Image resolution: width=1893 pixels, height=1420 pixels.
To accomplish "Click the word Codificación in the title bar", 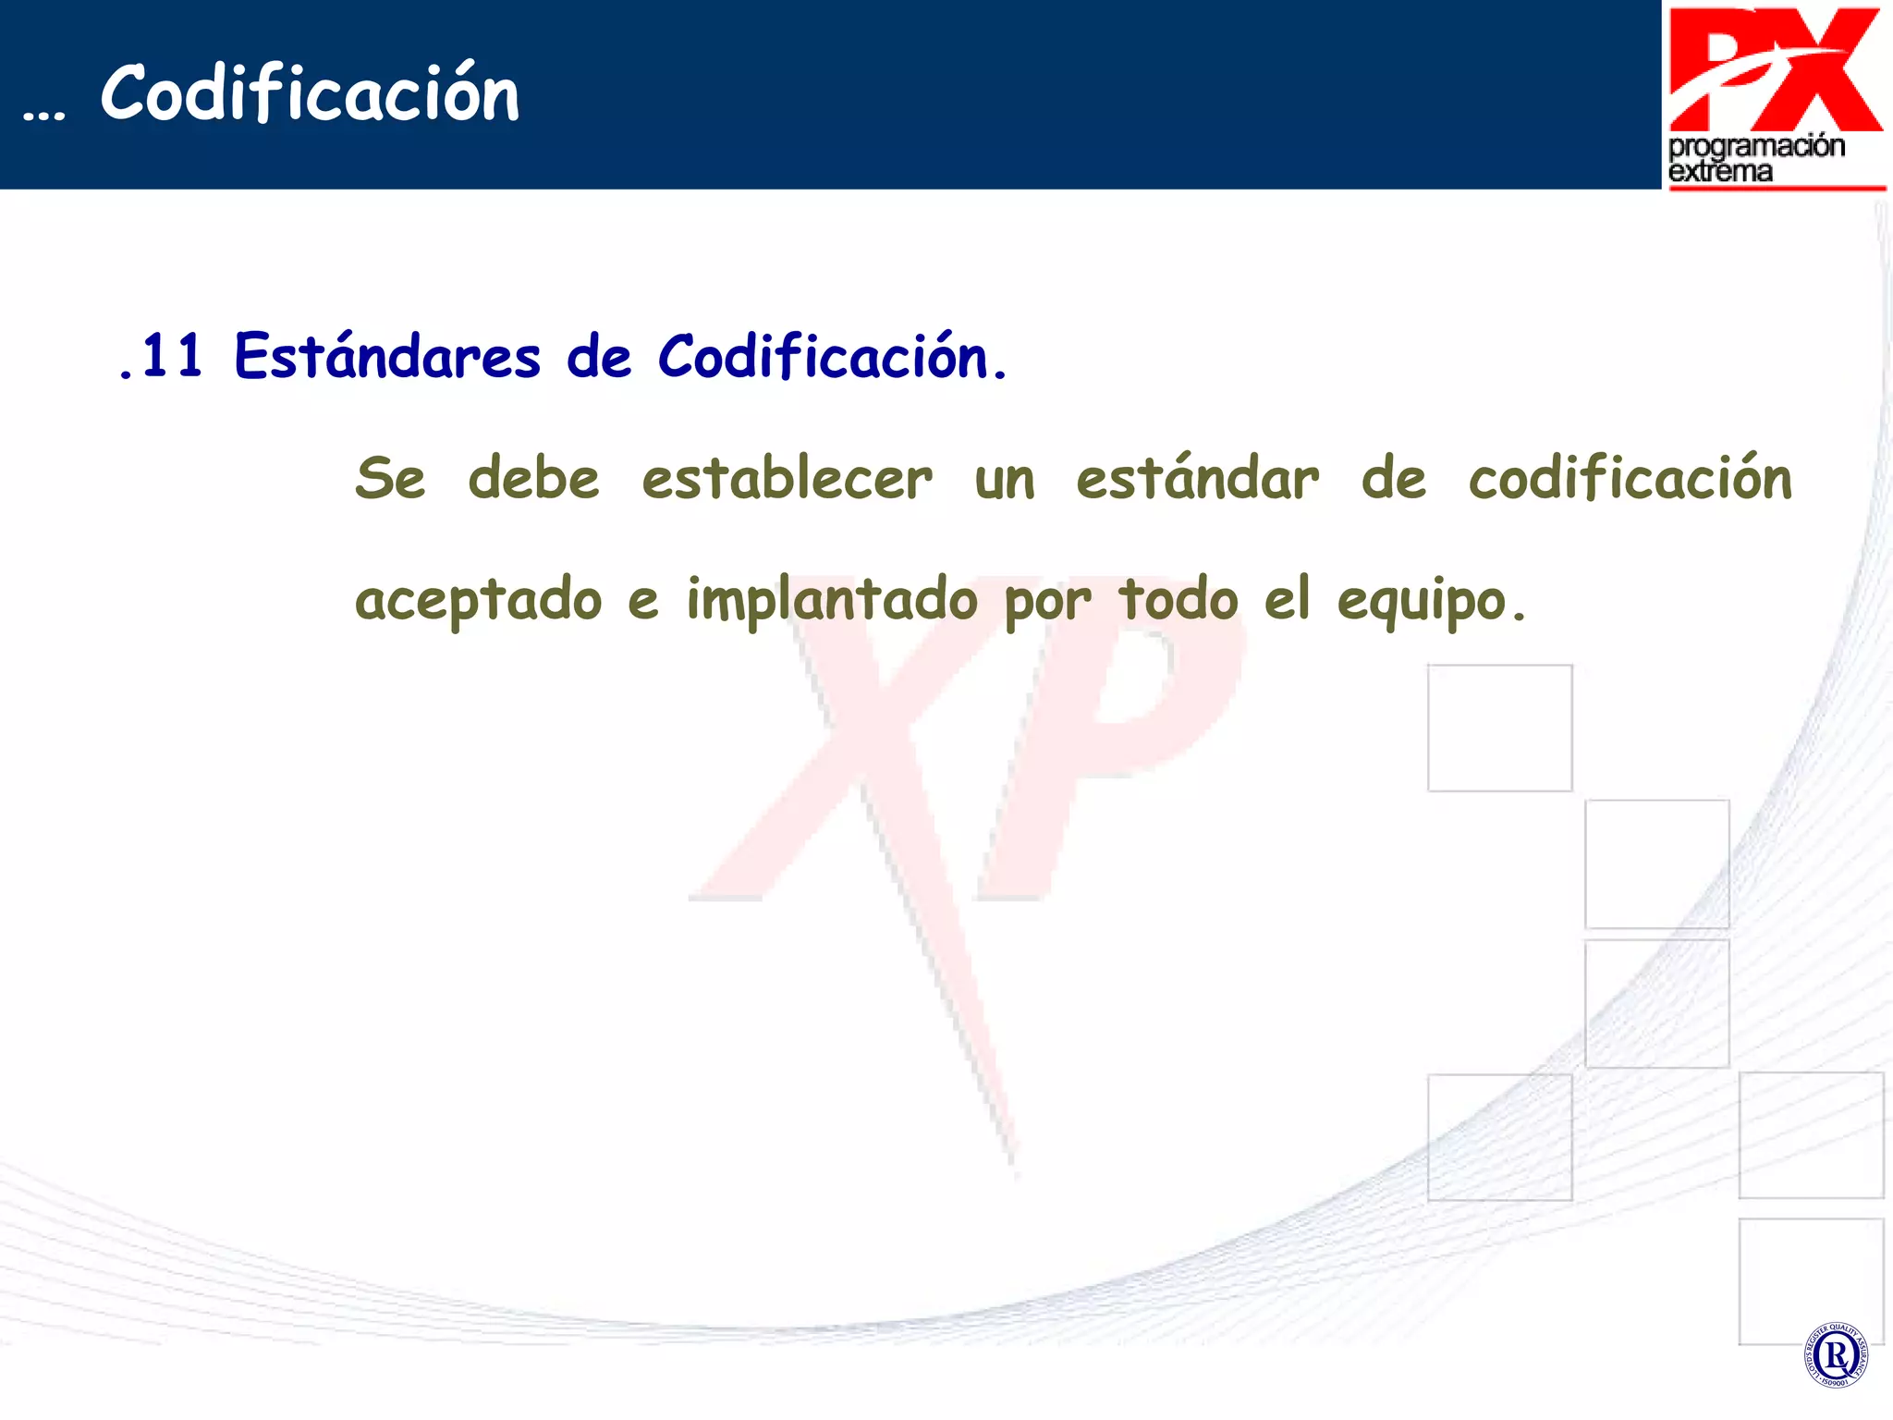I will pos(310,93).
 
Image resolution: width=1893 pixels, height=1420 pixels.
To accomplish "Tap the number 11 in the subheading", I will pos(172,356).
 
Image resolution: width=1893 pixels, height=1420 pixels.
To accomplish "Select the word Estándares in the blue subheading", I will pos(387,356).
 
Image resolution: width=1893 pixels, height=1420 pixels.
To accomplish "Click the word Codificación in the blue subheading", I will pos(823,356).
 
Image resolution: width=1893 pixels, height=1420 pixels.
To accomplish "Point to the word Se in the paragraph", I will pos(390,479).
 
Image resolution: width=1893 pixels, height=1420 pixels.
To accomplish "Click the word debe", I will pos(533,479).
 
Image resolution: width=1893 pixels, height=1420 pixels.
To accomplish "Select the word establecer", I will pos(787,479).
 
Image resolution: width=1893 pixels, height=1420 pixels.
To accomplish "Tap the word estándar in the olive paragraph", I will pos(1197,479).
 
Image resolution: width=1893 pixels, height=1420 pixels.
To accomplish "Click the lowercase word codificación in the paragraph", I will pos(1630,479).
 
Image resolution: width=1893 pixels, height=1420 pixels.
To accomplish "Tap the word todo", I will pos(1178,599).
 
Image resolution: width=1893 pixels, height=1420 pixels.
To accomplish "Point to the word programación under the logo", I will pos(1756,147).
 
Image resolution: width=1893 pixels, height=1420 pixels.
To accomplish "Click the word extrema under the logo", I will pos(1720,172).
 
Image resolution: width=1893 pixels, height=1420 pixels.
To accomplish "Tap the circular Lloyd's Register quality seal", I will pos(1835,1355).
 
